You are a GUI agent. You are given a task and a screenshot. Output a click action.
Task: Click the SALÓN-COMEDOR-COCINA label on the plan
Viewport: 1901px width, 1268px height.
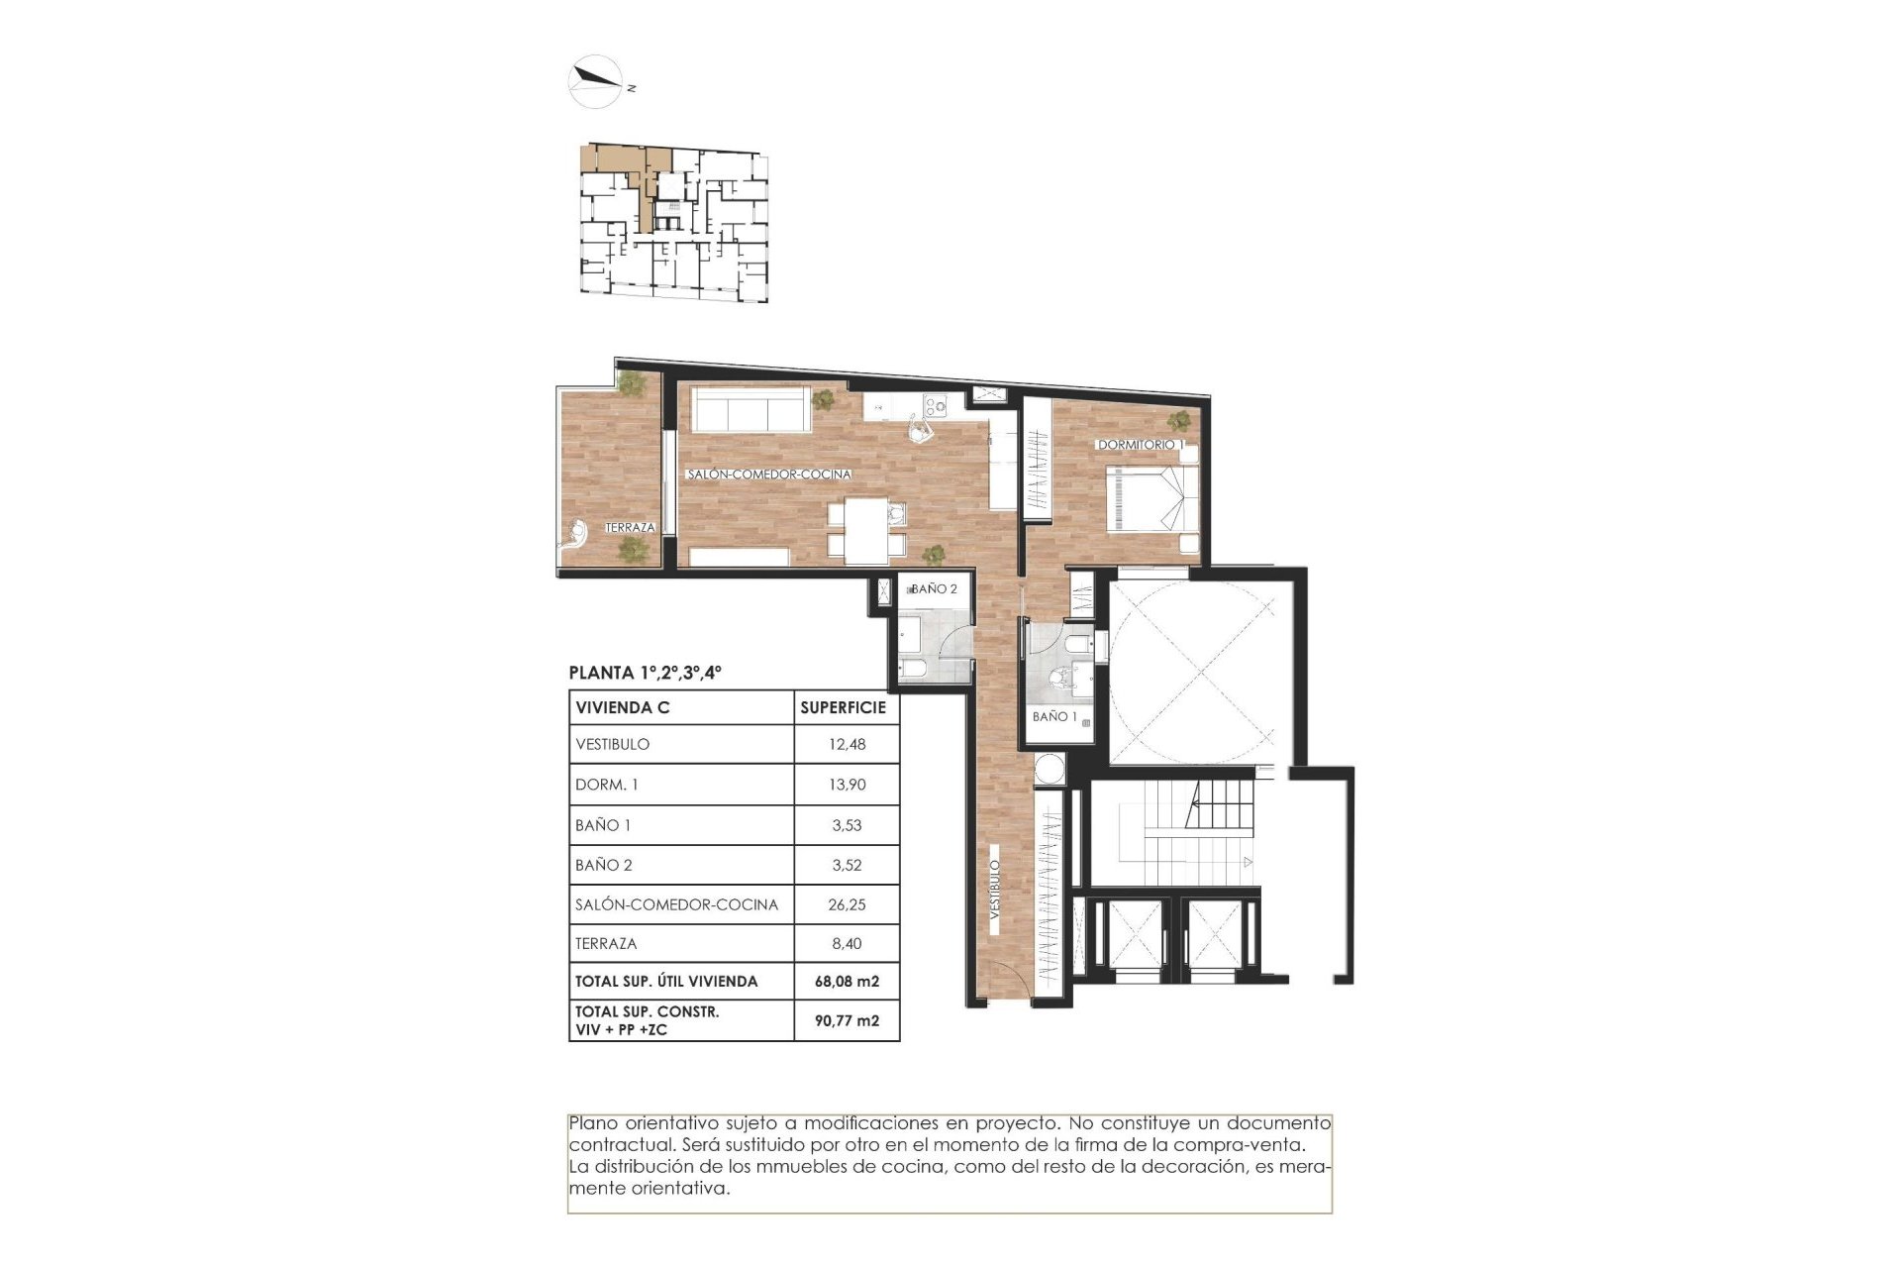coord(769,475)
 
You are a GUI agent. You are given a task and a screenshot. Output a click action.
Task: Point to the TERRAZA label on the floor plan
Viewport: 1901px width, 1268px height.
coord(630,528)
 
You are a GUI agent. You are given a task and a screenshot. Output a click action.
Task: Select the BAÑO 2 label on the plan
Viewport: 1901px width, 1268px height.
coord(934,589)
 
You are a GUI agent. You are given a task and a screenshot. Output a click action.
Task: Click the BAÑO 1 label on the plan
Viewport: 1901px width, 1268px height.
coord(1053,716)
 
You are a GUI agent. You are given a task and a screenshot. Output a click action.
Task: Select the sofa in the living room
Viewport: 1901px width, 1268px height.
coord(748,408)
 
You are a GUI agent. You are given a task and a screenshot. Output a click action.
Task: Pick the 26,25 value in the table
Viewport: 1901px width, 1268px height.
coord(847,904)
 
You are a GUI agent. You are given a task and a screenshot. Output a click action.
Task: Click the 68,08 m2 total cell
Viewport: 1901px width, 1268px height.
coord(847,982)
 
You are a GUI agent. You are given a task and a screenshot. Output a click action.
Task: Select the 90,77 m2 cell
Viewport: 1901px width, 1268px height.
coord(847,1020)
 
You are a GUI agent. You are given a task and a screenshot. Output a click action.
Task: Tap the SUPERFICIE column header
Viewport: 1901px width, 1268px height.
coord(843,707)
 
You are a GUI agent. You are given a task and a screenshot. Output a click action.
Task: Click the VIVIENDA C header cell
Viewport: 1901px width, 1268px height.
coord(622,707)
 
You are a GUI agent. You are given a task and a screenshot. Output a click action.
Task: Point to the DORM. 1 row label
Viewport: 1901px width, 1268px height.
coord(606,785)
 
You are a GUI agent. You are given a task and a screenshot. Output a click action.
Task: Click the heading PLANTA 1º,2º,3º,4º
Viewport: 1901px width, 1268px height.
coord(645,673)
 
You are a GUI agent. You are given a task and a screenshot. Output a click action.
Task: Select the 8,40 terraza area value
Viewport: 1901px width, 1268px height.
coord(847,944)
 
